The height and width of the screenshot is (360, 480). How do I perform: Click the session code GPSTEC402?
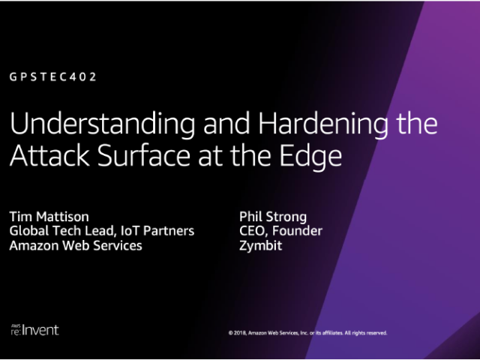(x=53, y=76)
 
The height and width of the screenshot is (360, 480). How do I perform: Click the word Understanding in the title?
(x=102, y=124)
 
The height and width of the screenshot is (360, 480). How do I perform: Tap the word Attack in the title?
(x=49, y=155)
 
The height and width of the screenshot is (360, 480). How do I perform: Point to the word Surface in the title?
(x=144, y=155)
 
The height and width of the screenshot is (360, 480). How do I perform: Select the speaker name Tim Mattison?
(x=49, y=217)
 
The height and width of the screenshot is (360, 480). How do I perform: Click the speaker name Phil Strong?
(x=273, y=217)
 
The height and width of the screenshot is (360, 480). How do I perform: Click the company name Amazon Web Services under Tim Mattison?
(x=76, y=245)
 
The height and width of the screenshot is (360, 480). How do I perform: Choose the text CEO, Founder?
(x=280, y=231)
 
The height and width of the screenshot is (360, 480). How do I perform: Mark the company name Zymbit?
(x=260, y=246)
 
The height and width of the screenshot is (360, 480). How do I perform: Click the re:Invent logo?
(x=34, y=330)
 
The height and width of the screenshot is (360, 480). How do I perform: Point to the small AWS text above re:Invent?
(x=16, y=326)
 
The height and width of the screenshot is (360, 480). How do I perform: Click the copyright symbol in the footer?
(x=230, y=333)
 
